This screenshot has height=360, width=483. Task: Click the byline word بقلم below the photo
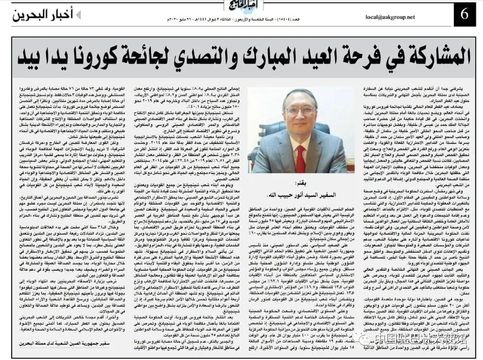pos(300,185)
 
